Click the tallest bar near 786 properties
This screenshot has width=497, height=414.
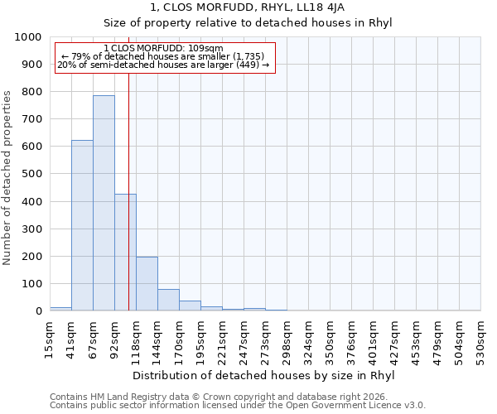[x=104, y=203]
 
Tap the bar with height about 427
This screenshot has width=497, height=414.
[x=125, y=253]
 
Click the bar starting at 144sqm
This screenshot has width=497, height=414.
[x=168, y=300]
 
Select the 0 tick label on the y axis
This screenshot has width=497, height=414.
[x=38, y=311]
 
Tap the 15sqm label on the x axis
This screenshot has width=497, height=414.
[x=50, y=340]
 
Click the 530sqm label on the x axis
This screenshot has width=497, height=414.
[x=480, y=340]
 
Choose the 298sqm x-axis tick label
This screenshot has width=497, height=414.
[x=287, y=340]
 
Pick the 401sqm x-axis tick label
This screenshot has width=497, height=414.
[x=373, y=340]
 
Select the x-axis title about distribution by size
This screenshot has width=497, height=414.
[x=265, y=376]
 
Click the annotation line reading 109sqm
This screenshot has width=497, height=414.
[x=164, y=48]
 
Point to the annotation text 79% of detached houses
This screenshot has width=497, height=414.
[x=164, y=56]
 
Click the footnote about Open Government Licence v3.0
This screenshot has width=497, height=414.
[x=238, y=405]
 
